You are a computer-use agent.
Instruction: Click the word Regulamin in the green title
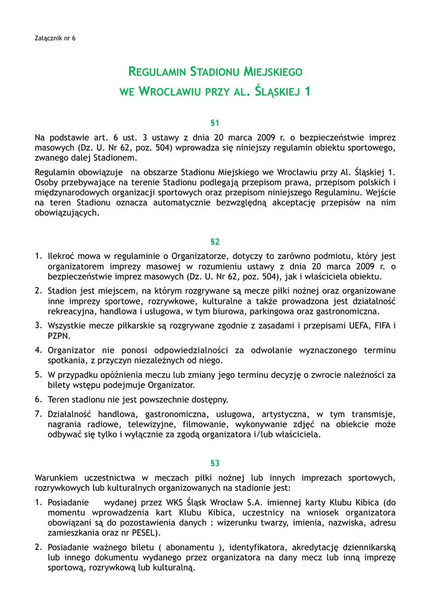pos(157,72)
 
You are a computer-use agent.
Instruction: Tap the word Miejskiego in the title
pos(273,72)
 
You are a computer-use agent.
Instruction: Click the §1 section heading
pos(215,123)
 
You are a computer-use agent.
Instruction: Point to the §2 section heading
pos(215,242)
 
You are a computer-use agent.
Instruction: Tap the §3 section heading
pos(215,463)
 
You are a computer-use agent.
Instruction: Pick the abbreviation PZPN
pos(59,336)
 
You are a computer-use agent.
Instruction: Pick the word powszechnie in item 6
pos(153,399)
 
